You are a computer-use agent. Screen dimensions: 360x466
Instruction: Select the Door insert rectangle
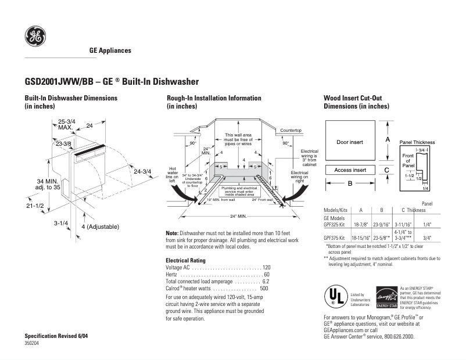(350, 141)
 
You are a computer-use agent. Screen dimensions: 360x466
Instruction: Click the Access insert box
(350, 170)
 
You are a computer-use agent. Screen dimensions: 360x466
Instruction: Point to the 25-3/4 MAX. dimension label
(66, 124)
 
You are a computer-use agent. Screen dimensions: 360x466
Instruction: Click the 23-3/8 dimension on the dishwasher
(63, 143)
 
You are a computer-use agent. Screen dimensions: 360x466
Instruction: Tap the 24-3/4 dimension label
(142, 171)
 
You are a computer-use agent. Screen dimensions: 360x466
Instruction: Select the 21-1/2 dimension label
(34, 206)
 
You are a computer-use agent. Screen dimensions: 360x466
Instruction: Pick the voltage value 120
(266, 267)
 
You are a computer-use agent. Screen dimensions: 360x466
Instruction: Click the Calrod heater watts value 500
(264, 288)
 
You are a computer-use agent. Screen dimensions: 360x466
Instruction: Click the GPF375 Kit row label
(335, 237)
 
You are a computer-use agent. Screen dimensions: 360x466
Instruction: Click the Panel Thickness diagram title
(417, 142)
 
